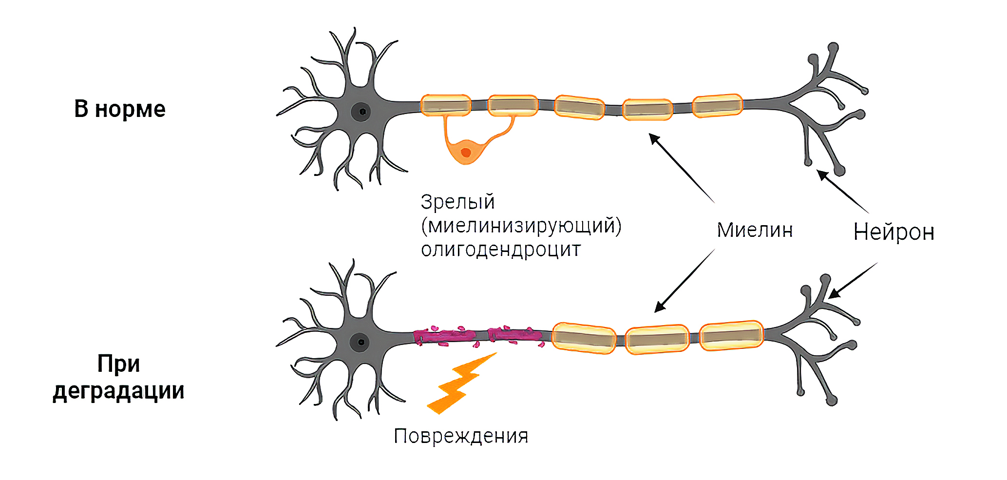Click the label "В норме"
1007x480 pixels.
(119, 109)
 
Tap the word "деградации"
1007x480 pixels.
(118, 391)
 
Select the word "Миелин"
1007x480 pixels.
(755, 230)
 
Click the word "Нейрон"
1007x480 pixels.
(893, 232)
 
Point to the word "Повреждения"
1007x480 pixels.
(461, 436)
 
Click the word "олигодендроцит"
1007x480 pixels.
(501, 250)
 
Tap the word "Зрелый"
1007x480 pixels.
(457, 202)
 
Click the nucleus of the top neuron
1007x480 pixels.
(361, 112)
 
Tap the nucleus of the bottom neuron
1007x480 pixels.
(360, 342)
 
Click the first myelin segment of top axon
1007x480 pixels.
(445, 105)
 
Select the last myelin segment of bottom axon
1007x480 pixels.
(731, 335)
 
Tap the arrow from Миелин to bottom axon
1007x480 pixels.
(684, 281)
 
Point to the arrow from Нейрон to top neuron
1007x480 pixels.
(842, 191)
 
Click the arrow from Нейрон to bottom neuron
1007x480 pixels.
(853, 280)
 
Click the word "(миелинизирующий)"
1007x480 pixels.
(521, 226)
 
